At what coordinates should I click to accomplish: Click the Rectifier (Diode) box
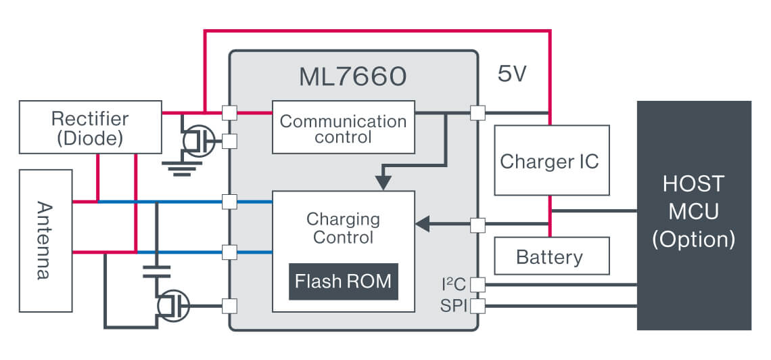pyautogui.click(x=90, y=127)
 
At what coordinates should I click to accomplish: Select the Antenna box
pyautogui.click(x=46, y=240)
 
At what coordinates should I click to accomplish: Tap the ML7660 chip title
pyautogui.click(x=352, y=77)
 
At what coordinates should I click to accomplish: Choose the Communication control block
pyautogui.click(x=343, y=128)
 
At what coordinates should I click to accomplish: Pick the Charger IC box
pyautogui.click(x=550, y=160)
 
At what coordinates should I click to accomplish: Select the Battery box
pyautogui.click(x=550, y=256)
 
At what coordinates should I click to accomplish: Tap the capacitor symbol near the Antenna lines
pyautogui.click(x=157, y=272)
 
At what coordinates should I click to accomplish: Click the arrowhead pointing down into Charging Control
pyautogui.click(x=383, y=183)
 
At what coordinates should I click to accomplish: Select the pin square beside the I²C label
pyautogui.click(x=477, y=285)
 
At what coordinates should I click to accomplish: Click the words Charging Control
pyautogui.click(x=343, y=228)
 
